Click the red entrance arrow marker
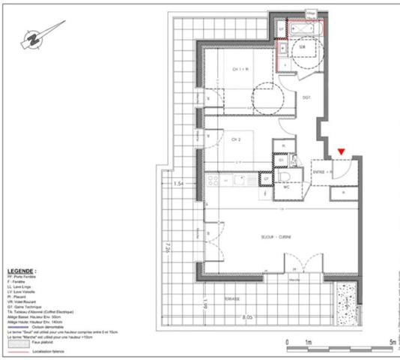pos(341,152)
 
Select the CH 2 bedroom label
pos(235,139)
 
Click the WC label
pos(285,187)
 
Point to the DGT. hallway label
pos(306,97)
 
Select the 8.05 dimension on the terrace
pos(247,317)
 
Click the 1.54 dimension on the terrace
pos(178,184)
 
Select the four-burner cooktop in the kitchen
pos(213,179)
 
